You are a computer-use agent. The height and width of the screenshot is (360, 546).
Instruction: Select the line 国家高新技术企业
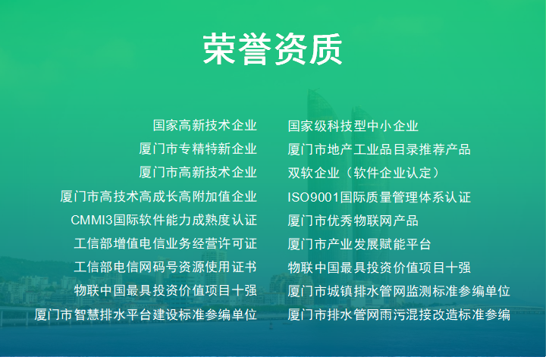pos(205,126)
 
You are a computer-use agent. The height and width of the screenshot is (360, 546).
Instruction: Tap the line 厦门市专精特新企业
pos(198,149)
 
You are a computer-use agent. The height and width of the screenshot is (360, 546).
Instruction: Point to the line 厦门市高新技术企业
pos(198,173)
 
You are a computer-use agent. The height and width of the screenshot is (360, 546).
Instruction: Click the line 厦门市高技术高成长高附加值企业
pos(158,196)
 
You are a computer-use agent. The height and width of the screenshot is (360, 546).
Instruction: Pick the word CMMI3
pos(91,221)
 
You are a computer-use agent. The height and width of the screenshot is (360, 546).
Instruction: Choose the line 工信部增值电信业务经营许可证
pos(165,244)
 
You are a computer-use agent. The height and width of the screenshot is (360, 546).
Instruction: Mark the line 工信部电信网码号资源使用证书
pos(165,268)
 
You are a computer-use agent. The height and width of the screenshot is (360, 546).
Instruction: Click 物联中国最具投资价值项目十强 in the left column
pos(165,291)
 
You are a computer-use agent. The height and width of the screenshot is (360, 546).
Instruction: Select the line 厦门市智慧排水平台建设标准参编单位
pos(146,315)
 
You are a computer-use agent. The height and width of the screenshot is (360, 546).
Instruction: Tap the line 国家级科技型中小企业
pos(353,126)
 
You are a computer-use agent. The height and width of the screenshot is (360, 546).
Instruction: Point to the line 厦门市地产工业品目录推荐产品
pos(379,149)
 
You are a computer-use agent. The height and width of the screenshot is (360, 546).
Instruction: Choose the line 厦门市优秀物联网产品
pos(353,221)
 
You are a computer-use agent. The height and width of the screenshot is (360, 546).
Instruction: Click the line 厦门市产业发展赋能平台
pos(359,244)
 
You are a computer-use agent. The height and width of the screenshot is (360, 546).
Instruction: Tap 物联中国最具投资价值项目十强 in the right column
pos(379,268)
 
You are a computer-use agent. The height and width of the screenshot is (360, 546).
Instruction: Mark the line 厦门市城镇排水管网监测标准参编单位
pos(399,291)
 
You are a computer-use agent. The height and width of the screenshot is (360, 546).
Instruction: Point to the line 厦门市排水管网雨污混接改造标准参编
pos(399,315)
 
